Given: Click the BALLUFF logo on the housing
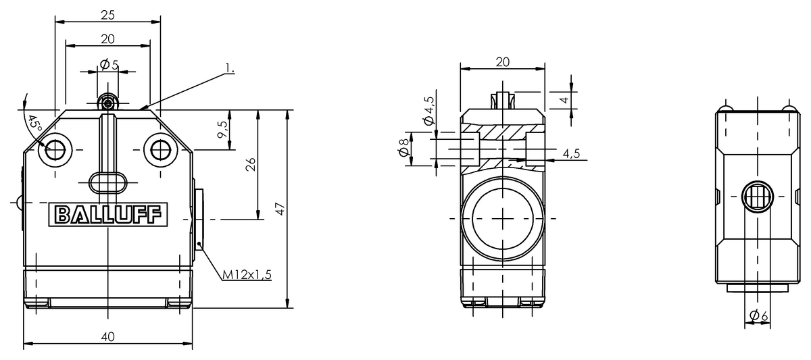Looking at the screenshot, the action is pos(108,215).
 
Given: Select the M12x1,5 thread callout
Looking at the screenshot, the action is pos(247,275).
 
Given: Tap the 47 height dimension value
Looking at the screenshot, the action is pos(280,209).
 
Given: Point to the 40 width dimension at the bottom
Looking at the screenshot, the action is pos(108,337).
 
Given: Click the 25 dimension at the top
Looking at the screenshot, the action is pos(107,15).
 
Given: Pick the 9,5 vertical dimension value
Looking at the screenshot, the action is pos(222,130).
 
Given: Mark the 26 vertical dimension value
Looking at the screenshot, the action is pos(251,164).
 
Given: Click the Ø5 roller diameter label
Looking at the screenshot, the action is pos(109,65).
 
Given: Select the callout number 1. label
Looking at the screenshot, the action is pos(229,68).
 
